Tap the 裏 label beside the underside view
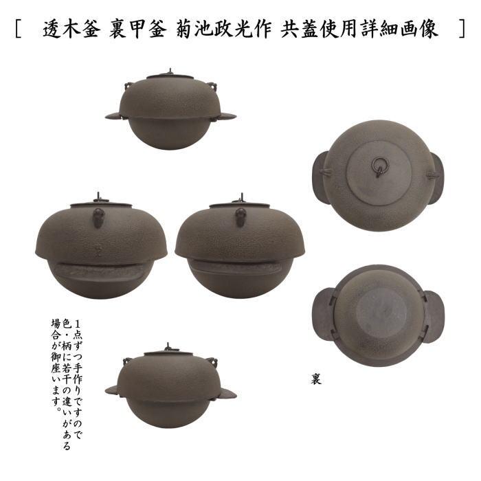pos(315,378)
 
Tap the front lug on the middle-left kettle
pos(99,219)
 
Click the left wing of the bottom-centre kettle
pos(113,390)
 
